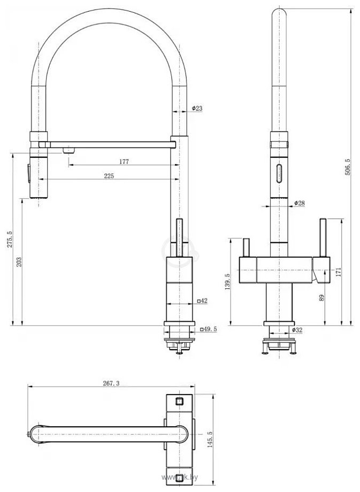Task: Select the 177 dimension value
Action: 124,162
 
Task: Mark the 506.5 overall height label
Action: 347,168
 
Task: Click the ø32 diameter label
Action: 297,330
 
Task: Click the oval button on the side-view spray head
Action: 278,174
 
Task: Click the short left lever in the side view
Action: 247,248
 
